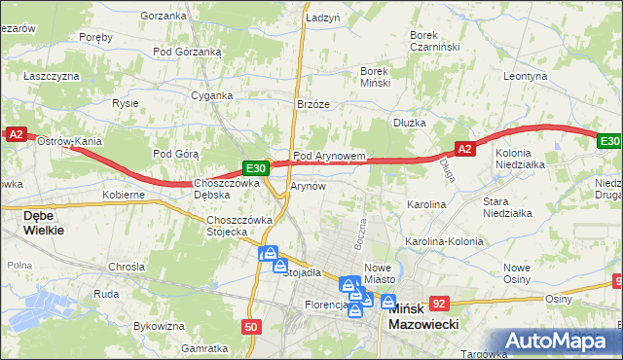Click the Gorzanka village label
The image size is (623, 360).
[x=163, y=16]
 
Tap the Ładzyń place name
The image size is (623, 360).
[x=322, y=18]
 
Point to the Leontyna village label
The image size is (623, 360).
[x=526, y=75]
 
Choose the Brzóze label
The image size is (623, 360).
[x=313, y=104]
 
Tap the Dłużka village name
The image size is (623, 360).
[x=410, y=123]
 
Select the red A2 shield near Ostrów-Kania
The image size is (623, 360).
[x=16, y=136]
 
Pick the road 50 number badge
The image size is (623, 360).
[x=252, y=327]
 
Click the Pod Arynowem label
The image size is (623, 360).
[x=329, y=156]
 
